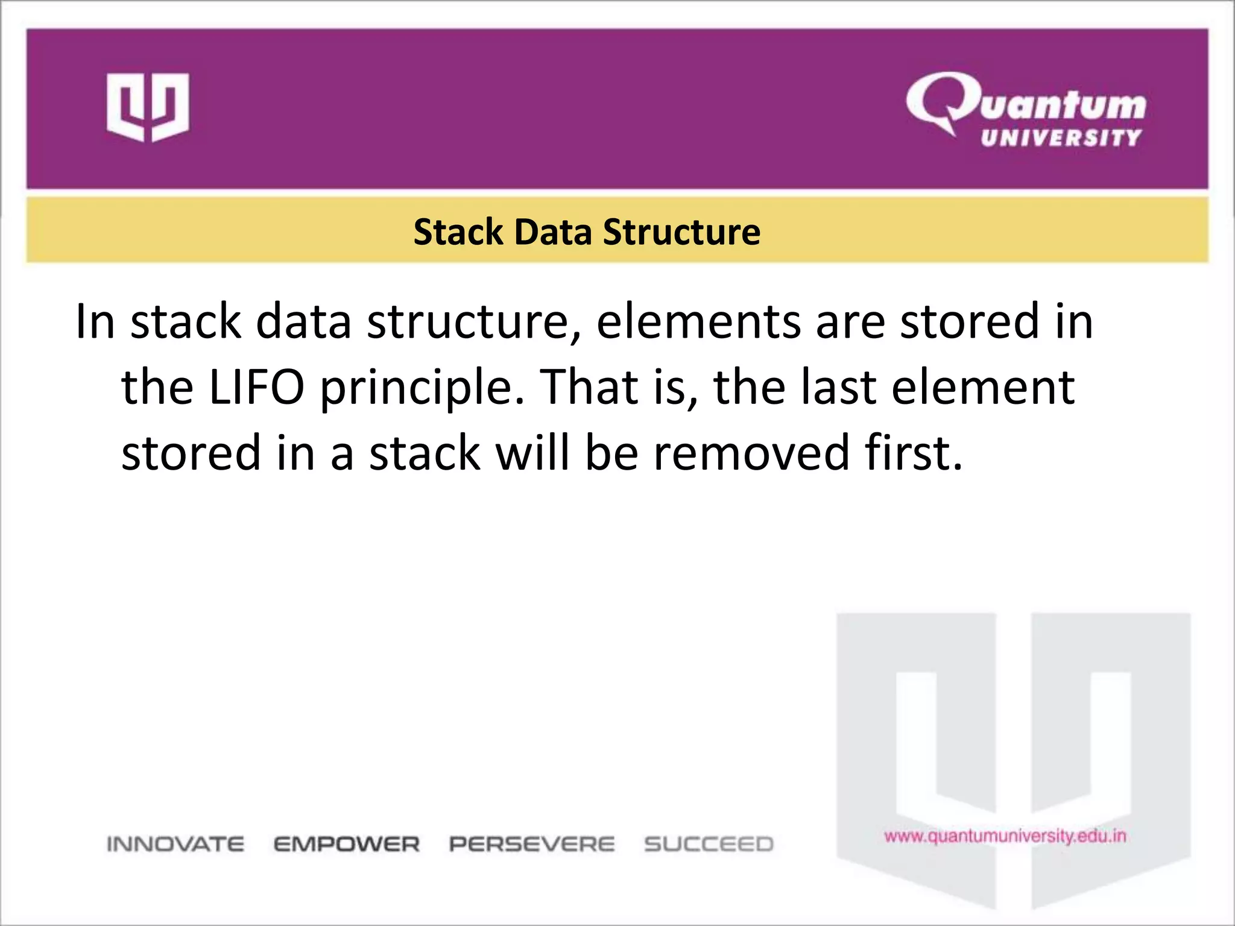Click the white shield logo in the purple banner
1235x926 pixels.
[148, 107]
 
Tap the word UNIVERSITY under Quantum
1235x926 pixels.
[1061, 138]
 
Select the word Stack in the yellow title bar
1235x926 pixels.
[458, 232]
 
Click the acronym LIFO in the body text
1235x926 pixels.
[256, 387]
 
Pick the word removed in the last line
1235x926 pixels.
[751, 453]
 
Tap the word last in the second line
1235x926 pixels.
[838, 387]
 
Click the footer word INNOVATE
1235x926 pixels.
[175, 844]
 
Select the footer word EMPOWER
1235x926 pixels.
[347, 844]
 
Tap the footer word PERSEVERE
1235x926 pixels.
[532, 844]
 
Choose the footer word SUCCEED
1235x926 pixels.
[709, 844]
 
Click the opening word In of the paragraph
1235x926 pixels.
[95, 322]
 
